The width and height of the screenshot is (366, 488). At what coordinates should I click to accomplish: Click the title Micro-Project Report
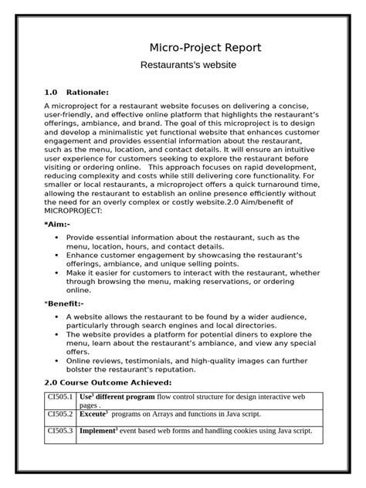205,48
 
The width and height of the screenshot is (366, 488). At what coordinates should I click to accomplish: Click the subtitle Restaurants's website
187,66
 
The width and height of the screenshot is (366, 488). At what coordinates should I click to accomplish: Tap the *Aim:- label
57,223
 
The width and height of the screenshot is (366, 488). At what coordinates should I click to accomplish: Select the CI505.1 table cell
60,397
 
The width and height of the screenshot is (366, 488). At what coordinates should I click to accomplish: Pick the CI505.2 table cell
60,414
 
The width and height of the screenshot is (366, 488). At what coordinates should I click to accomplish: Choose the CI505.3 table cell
60,431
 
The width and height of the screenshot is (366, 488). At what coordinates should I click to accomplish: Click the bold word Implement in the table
97,431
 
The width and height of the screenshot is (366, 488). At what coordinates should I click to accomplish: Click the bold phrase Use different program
117,397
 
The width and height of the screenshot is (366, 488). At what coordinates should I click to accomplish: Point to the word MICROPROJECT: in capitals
74,209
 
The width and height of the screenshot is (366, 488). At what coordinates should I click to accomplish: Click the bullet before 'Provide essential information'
58,237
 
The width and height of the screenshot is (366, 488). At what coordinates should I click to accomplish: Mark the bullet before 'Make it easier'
58,273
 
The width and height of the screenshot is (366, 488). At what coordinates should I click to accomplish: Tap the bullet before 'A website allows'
58,317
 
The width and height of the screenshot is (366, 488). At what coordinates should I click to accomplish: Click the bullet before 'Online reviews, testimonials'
58,361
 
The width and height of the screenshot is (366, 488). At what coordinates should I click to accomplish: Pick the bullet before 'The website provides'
58,334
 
